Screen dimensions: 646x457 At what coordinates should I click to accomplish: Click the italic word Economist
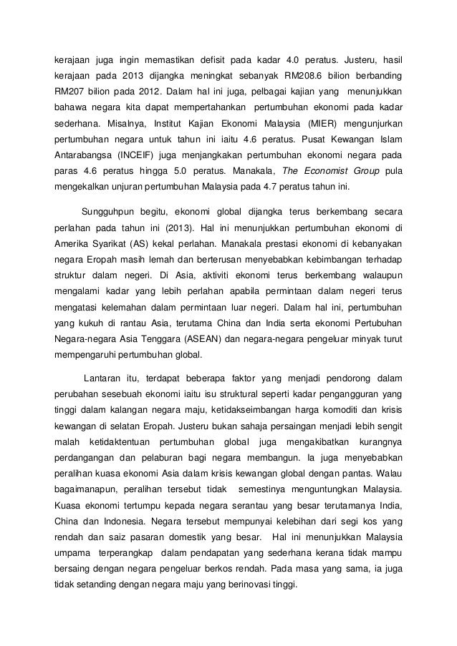point(326,170)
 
